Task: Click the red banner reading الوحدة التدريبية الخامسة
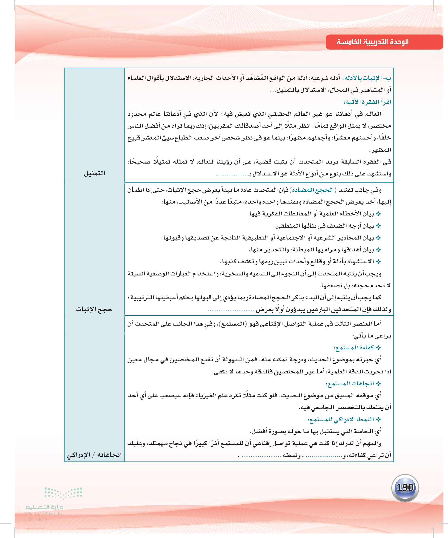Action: pyautogui.click(x=384, y=42)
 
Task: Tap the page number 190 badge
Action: pyautogui.click(x=405, y=488)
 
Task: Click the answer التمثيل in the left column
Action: pyautogui.click(x=94, y=173)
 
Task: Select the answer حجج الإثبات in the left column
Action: pyautogui.click(x=94, y=309)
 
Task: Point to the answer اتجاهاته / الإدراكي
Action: pyautogui.click(x=94, y=455)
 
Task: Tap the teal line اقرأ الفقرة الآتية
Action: pyautogui.click(x=367, y=102)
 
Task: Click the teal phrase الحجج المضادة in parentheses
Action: pyautogui.click(x=313, y=190)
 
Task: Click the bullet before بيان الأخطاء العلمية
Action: pyautogui.click(x=379, y=214)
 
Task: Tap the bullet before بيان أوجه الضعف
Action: pyautogui.click(x=379, y=226)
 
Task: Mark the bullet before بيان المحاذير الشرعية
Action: pyautogui.click(x=379, y=238)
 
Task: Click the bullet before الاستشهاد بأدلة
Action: pyautogui.click(x=379, y=262)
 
